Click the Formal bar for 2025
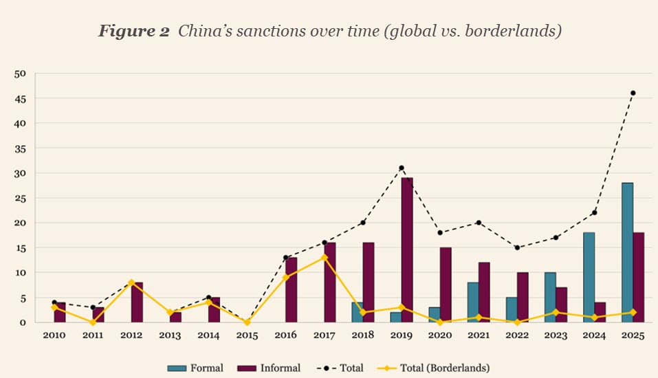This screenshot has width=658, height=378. pyautogui.click(x=627, y=253)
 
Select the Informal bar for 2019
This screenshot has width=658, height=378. pyautogui.click(x=407, y=250)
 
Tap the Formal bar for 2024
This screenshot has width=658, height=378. pyautogui.click(x=589, y=278)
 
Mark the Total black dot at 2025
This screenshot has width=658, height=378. pyautogui.click(x=633, y=93)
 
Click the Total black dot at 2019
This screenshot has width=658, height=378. pyautogui.click(x=402, y=168)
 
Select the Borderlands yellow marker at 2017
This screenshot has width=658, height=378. pyautogui.click(x=325, y=258)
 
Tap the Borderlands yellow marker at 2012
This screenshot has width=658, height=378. pyautogui.click(x=131, y=282)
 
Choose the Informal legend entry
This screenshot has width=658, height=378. pyautogui.click(x=271, y=368)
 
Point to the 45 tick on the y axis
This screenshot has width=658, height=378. pyautogui.click(x=21, y=98)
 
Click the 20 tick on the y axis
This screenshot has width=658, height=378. pyautogui.click(x=21, y=223)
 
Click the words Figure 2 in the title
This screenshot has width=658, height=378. pyautogui.click(x=133, y=32)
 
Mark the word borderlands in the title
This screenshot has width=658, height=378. pyautogui.click(x=520, y=32)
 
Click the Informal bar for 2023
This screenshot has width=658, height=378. pyautogui.click(x=561, y=305)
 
